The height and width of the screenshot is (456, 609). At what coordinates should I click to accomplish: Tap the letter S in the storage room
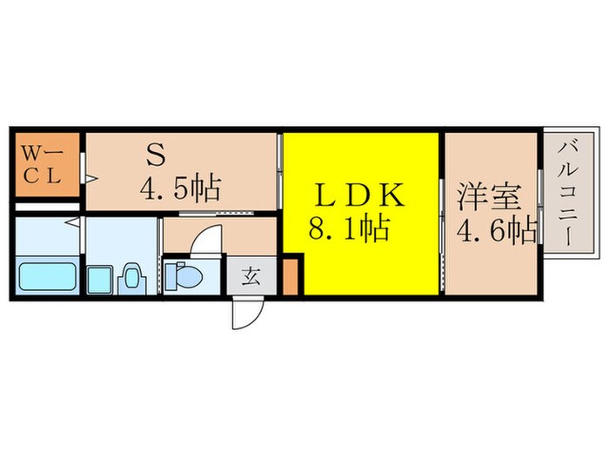pos(156,157)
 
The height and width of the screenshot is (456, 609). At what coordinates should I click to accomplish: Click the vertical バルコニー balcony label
pos(572,196)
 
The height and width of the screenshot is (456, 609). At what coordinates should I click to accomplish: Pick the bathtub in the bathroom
pos(49,277)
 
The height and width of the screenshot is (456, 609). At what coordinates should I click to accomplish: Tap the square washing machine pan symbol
pos(101,279)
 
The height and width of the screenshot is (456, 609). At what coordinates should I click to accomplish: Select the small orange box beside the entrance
pos(291,276)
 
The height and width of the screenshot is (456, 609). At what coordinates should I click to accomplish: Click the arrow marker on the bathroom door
pos(76,223)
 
